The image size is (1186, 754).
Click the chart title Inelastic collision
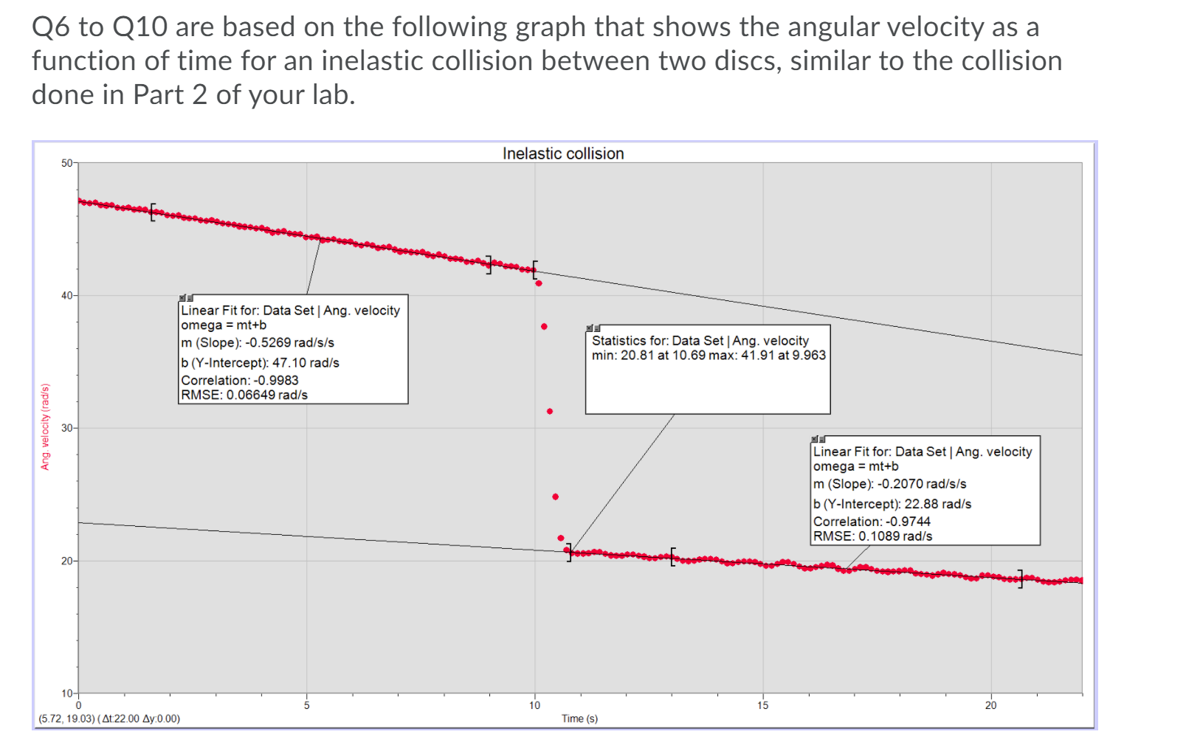(x=563, y=153)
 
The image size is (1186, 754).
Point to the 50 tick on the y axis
(x=67, y=163)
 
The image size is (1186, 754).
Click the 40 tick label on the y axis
(x=67, y=296)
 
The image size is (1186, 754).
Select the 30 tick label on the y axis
(x=67, y=428)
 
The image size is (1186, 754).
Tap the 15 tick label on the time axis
(x=762, y=705)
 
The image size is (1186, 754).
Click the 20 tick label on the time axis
(x=990, y=705)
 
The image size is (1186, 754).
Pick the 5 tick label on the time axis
(x=306, y=705)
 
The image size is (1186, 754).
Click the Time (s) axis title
(x=579, y=719)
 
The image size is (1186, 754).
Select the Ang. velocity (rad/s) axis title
(x=45, y=426)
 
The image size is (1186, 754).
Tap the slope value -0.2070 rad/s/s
(x=921, y=484)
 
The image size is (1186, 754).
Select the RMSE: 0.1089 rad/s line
(x=872, y=536)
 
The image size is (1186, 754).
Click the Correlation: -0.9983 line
(x=240, y=380)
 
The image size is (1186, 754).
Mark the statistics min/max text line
(x=709, y=355)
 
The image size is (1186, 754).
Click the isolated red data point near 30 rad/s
(x=550, y=411)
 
